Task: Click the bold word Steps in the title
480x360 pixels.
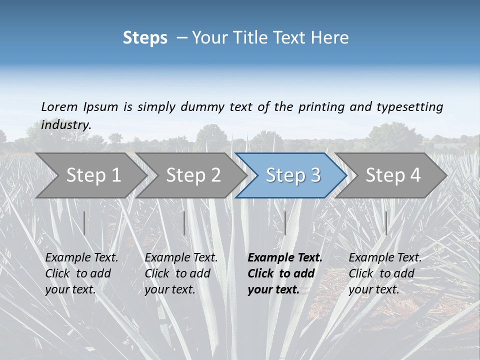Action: click(145, 38)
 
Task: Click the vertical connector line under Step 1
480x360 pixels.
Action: click(84, 223)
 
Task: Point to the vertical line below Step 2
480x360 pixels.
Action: click(184, 223)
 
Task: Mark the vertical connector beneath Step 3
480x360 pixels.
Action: click(285, 223)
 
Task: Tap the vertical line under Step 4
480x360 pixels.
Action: click(386, 223)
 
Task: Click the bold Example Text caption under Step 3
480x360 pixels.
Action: click(284, 273)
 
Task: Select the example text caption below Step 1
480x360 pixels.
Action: click(81, 273)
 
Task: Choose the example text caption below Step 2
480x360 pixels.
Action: click(181, 273)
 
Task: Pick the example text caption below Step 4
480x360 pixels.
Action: click(385, 273)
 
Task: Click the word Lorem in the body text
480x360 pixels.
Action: click(59, 106)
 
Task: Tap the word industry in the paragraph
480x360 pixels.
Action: click(65, 125)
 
